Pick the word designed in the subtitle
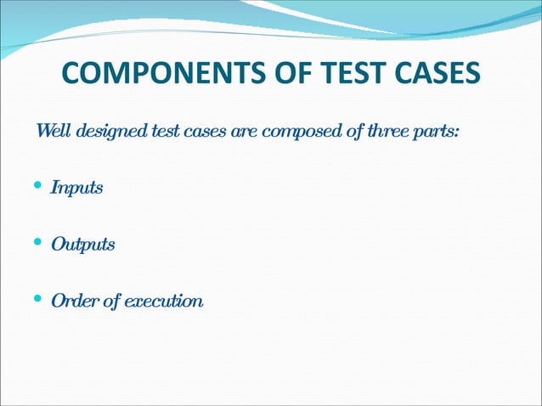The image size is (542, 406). (x=108, y=133)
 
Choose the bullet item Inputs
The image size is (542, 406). (x=76, y=188)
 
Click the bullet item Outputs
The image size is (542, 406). (x=82, y=245)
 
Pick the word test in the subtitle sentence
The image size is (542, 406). (x=163, y=133)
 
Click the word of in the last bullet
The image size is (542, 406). (x=111, y=301)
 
